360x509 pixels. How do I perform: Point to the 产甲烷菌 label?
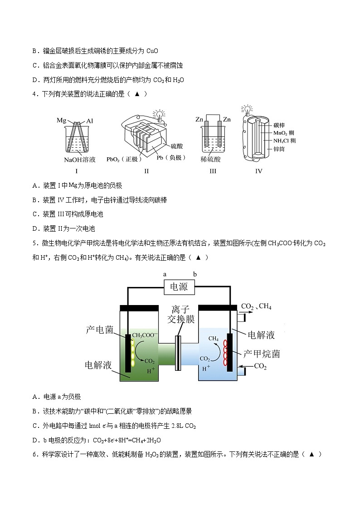coord(262,353)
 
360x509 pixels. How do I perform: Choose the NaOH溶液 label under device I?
coord(79,160)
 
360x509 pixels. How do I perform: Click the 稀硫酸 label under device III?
coord(210,160)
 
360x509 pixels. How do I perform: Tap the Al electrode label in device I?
coord(90,121)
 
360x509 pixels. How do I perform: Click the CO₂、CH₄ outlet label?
coord(257,306)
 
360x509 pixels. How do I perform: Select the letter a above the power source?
coord(165,274)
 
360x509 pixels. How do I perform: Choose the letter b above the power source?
coord(195,274)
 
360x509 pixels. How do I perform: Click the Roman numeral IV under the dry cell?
coord(259,171)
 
